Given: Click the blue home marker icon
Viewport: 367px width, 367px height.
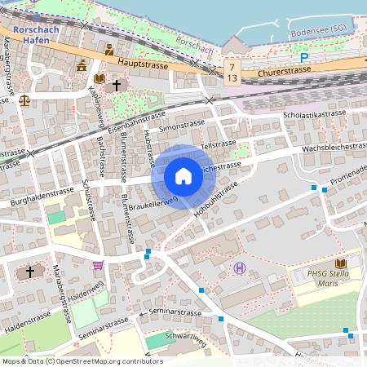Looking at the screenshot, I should click(x=183, y=176).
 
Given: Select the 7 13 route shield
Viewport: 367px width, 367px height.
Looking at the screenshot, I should click(x=234, y=71).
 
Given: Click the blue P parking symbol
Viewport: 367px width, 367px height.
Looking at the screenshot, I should click(x=303, y=58).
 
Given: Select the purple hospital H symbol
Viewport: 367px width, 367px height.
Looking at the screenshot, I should click(x=239, y=268).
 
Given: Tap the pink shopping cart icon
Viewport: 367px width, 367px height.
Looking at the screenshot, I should click(x=99, y=265).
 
